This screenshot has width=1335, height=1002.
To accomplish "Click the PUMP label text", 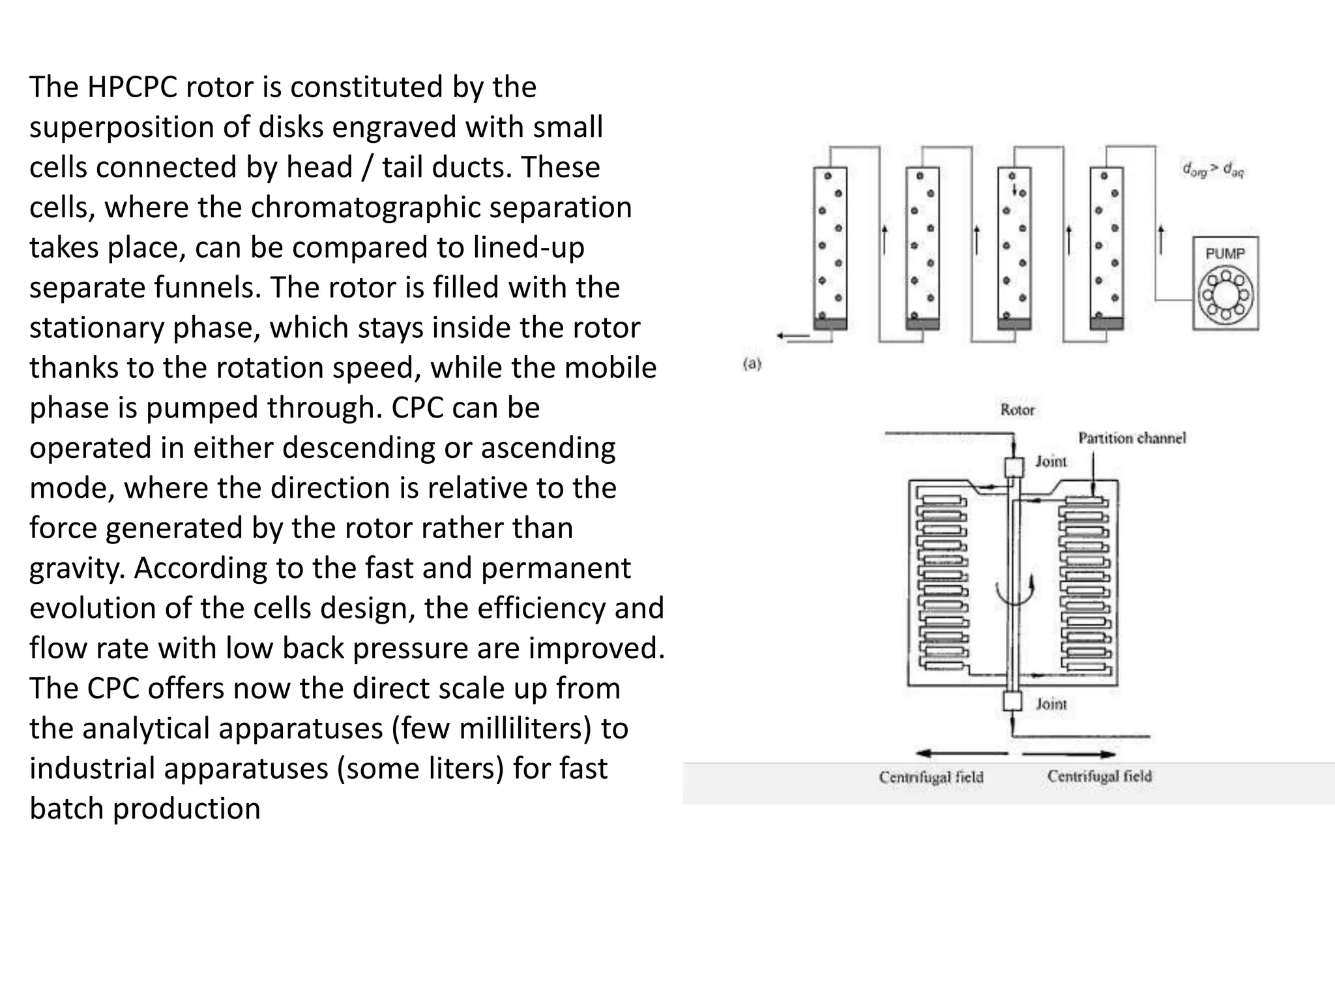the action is tap(1225, 254).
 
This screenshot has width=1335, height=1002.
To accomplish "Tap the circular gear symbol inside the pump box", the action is tap(1225, 294).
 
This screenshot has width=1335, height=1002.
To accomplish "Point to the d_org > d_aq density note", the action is tap(1212, 170).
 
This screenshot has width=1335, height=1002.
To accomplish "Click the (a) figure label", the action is tap(752, 364).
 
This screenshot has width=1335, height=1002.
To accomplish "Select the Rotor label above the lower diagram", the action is tap(1017, 410).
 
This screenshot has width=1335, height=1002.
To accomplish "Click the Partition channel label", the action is tap(1132, 438).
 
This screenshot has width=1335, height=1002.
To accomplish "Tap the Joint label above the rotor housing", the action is tap(1051, 461).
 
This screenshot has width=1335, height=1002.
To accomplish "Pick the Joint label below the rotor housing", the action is tap(1051, 703).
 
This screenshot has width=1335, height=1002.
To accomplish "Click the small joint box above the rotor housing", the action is tap(1014, 468).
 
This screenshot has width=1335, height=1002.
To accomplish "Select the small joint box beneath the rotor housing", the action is tap(1014, 701).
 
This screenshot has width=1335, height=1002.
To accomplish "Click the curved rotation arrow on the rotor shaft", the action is tap(1015, 591).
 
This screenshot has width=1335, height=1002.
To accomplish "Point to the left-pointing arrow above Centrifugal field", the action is tap(961, 754).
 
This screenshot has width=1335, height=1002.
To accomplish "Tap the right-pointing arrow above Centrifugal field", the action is tap(1069, 754).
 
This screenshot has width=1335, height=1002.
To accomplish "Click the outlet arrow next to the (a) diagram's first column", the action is tap(792, 336).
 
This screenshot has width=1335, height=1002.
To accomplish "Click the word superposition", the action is tap(122, 127).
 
